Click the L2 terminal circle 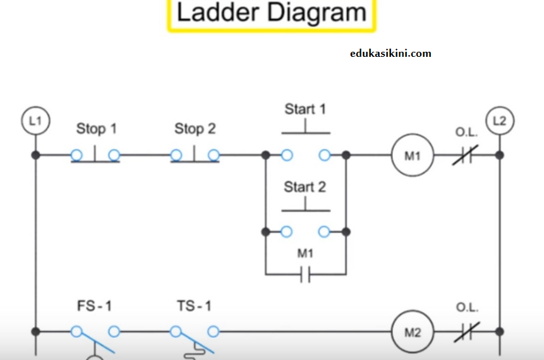pos(499,120)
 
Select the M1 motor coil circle pos(412,155)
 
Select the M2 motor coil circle pos(412,332)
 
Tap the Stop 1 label pos(97,129)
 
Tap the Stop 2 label pos(195,129)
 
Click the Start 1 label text pos(305,109)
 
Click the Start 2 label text pos(305,187)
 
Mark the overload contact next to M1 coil pos(466,155)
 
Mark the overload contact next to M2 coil pos(466,332)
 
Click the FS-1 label pos(94,306)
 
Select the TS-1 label pos(194,306)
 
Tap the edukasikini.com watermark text pos(390,53)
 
